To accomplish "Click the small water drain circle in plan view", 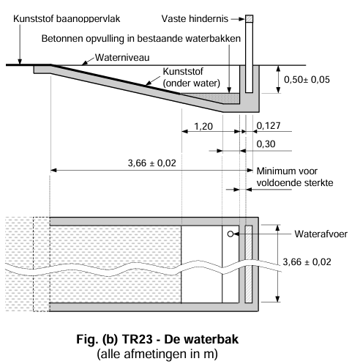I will (x=230, y=235).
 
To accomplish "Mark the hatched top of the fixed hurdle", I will (x=249, y=18).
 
